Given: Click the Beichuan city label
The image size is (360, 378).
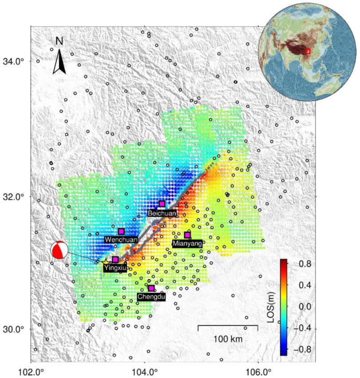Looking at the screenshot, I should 162,213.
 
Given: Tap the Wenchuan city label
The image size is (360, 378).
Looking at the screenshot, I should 121,239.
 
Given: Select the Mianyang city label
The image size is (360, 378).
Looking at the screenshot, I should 187,243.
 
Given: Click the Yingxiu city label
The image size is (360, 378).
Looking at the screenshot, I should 116,268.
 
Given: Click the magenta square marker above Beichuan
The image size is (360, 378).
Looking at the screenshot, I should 162,204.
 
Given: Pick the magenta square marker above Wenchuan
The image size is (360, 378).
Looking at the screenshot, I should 121,231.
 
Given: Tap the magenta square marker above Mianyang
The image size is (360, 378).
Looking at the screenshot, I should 187,235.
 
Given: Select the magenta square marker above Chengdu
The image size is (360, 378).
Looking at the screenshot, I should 151,288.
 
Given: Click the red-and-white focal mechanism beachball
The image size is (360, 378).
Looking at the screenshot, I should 59,250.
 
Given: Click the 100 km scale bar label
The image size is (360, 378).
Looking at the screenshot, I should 228,339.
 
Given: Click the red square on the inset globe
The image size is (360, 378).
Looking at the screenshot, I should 308,52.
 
